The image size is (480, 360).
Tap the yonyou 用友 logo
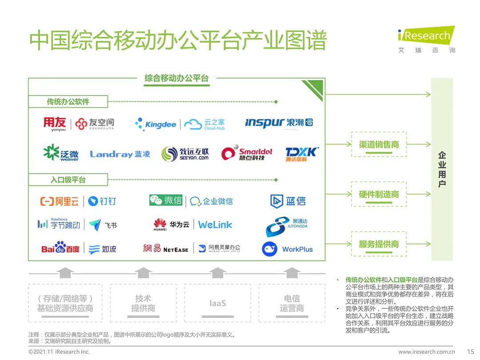pyautogui.click(x=55, y=124)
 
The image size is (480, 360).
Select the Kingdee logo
pyautogui.click(x=156, y=124)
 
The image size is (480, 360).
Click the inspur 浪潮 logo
pyautogui.click(x=279, y=122)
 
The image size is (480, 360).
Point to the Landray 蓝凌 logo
pyautogui.click(x=120, y=154)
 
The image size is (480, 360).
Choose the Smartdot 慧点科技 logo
pyautogui.click(x=247, y=153)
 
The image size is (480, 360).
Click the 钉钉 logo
pyautogui.click(x=102, y=201)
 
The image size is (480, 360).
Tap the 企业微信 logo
pyautogui.click(x=212, y=201)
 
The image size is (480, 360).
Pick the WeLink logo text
pyautogui.click(x=215, y=225)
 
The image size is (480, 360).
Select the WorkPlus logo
pyautogui.click(x=288, y=249)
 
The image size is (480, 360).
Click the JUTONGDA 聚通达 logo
pyautogui.click(x=287, y=226)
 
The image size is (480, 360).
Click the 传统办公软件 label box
pyautogui.click(x=68, y=101)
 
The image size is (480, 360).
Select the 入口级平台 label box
pyautogui.click(x=68, y=180)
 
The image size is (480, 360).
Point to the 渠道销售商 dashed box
pyautogui.click(x=379, y=144)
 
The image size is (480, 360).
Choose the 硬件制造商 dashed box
pyautogui.click(x=379, y=194)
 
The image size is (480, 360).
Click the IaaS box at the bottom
pyautogui.click(x=217, y=304)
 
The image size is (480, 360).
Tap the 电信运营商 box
pyautogui.click(x=292, y=304)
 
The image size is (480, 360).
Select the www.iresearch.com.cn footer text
pyautogui.click(x=426, y=352)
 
